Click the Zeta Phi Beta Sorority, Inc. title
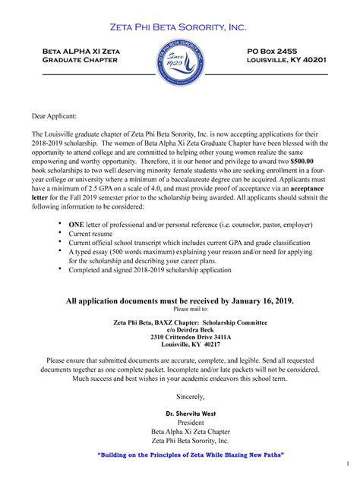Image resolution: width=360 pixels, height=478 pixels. [179, 27]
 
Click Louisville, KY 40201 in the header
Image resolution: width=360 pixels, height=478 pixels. [287, 59]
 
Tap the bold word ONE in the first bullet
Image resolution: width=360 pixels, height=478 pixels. [77, 225]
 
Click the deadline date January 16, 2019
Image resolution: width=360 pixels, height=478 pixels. [251, 301]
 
